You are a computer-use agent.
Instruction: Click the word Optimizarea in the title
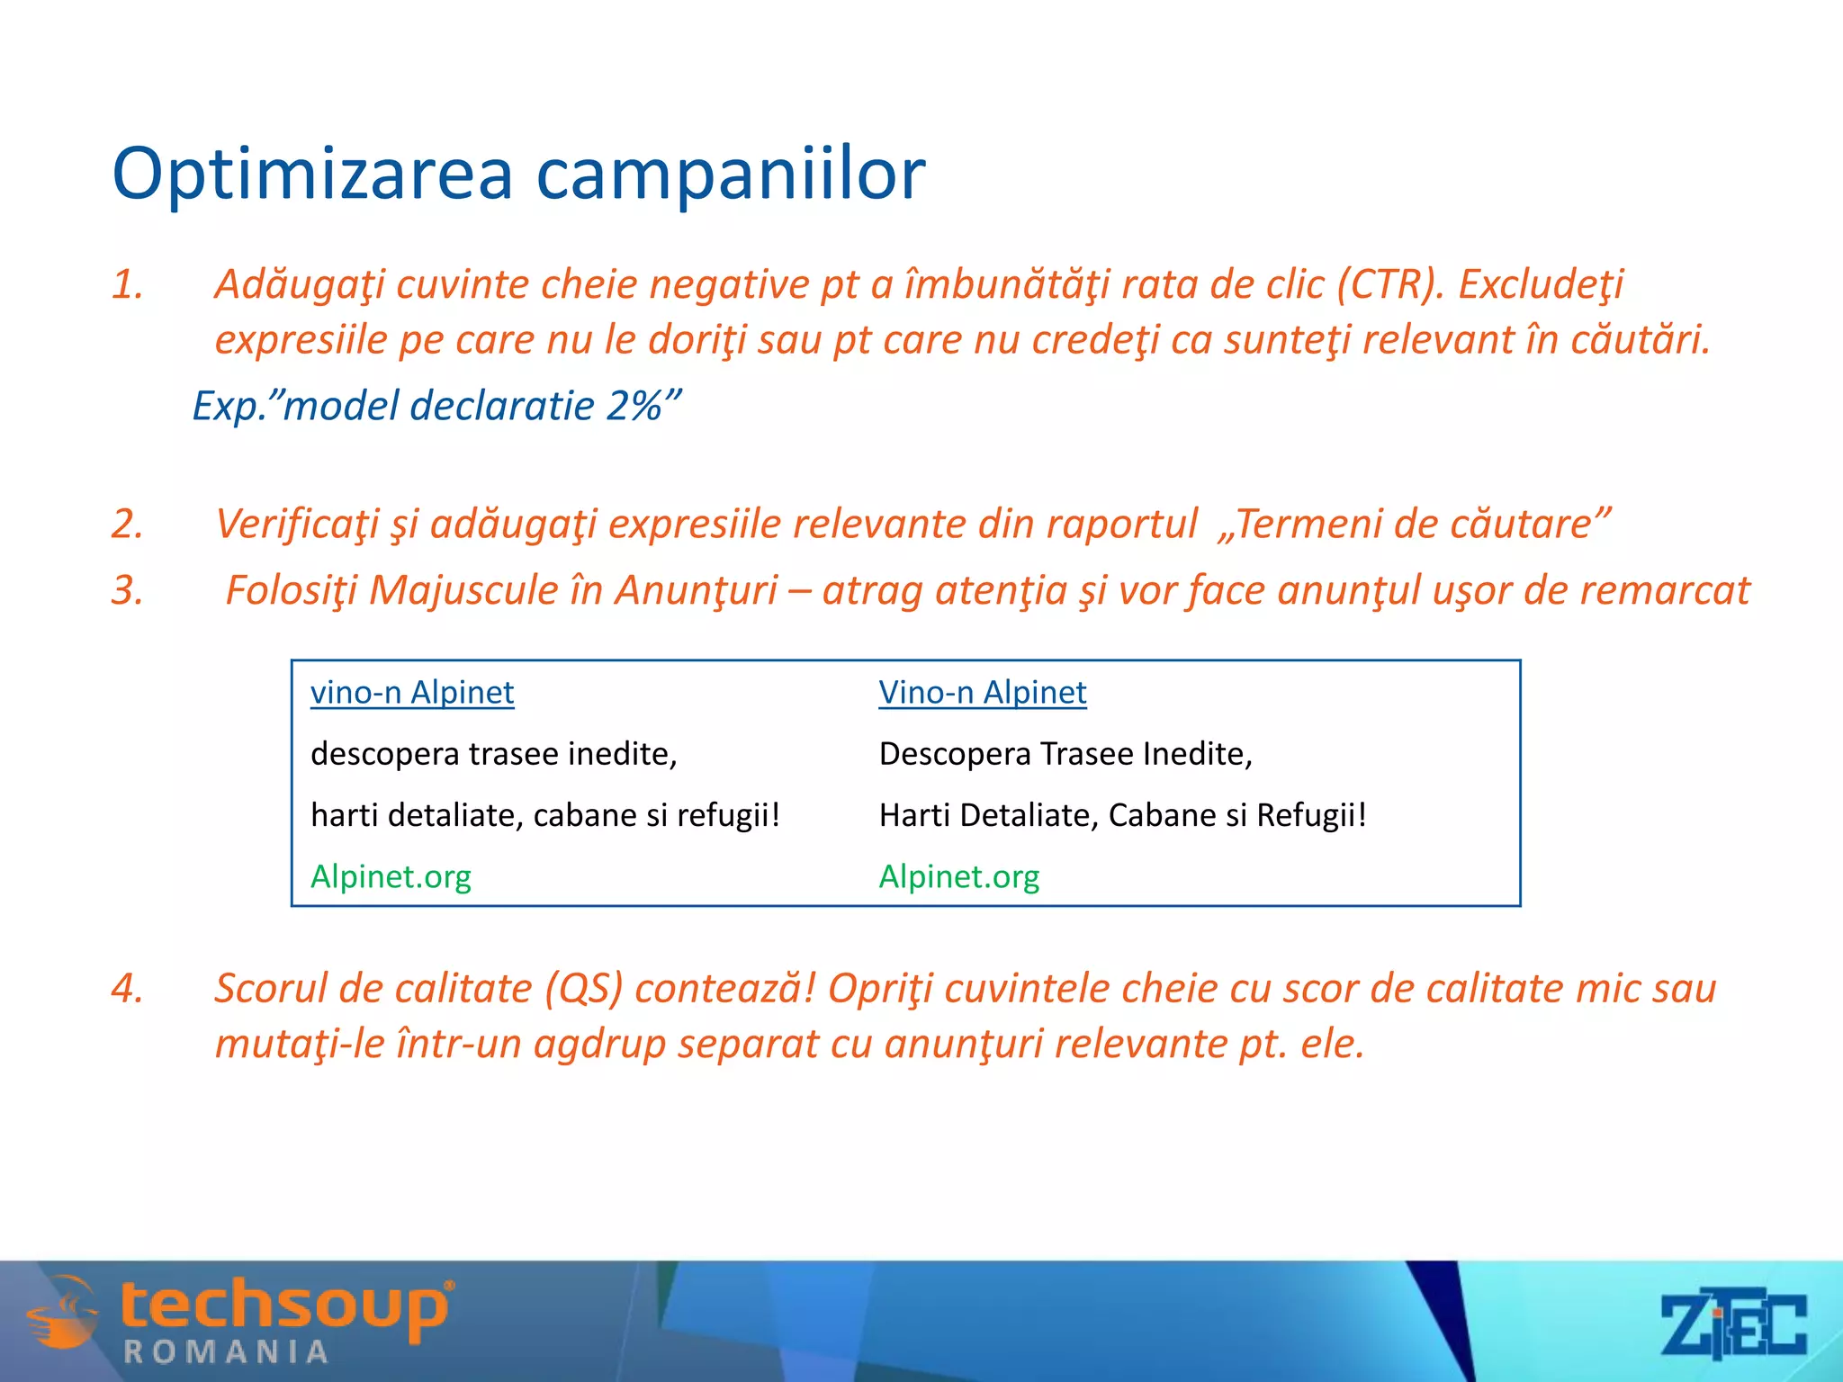tap(311, 175)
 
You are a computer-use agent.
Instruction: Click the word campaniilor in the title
tap(730, 175)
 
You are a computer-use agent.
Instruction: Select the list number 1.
tap(127, 285)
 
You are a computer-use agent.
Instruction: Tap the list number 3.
tap(127, 591)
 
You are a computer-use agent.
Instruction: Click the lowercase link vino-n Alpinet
tap(412, 693)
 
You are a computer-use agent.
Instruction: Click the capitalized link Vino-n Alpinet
tap(982, 693)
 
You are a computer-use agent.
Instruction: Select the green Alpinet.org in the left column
tap(391, 876)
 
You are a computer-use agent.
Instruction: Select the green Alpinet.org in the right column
tap(958, 876)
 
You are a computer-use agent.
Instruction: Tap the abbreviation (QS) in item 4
tap(583, 989)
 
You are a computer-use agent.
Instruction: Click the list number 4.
tap(127, 989)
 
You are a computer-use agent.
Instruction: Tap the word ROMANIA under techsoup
tap(225, 1351)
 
